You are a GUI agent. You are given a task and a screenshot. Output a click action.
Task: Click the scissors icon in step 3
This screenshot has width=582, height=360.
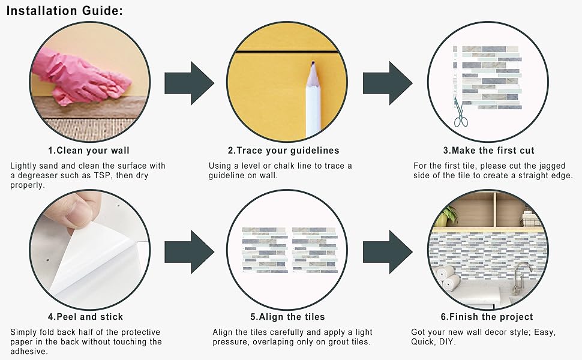point(460,112)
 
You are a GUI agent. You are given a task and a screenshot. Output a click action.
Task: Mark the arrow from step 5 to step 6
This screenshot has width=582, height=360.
point(387,250)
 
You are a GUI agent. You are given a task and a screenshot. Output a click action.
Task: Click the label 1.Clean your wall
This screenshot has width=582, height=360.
point(89,151)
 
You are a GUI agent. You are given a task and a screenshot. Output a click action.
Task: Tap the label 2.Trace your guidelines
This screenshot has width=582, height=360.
point(283,151)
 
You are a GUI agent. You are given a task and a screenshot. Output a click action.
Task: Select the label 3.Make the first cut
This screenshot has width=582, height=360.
point(488,151)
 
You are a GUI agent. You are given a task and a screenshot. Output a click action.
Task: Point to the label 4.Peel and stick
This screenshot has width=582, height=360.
point(85,317)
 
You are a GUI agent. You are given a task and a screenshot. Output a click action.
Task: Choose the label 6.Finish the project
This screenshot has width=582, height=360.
point(487,317)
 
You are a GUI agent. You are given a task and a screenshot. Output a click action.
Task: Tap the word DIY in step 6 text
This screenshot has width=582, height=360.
point(446,341)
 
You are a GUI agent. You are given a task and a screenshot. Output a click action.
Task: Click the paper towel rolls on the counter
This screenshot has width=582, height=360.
point(446,277)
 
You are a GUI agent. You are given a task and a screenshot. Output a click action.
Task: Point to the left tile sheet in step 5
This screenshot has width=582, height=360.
point(265,249)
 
